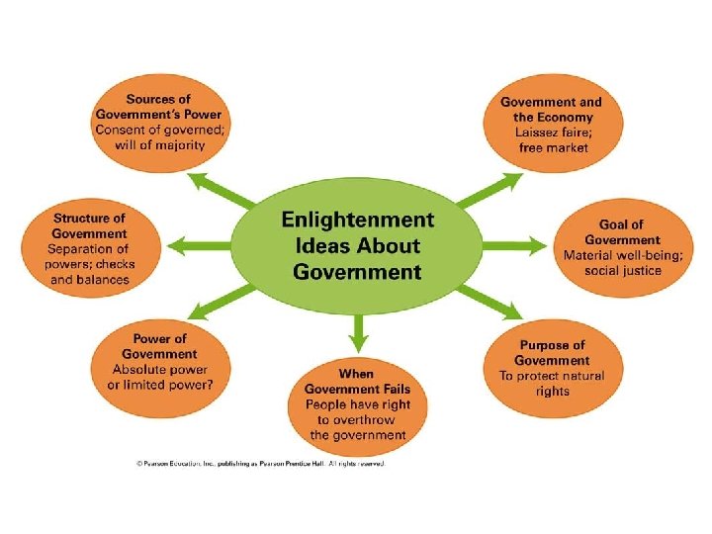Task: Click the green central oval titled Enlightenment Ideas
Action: [358, 245]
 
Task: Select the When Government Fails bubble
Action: [357, 403]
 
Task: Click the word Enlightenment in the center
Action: [357, 219]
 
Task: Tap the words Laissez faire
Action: [552, 132]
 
